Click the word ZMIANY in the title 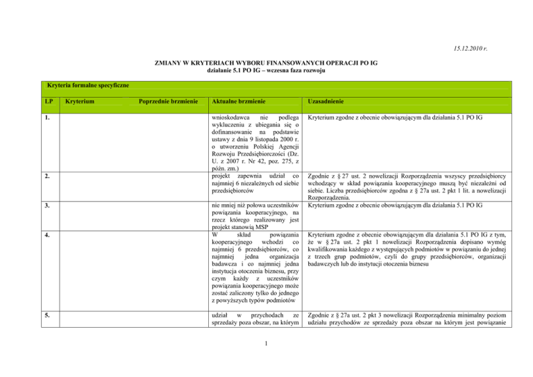tap(171, 62)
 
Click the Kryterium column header tap(80, 102)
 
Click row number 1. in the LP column tap(46, 118)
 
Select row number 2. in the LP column tap(46, 176)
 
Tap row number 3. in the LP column tap(46, 206)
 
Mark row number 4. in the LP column tap(46, 235)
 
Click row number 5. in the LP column tap(46, 296)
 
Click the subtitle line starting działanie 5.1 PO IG tap(266, 70)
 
